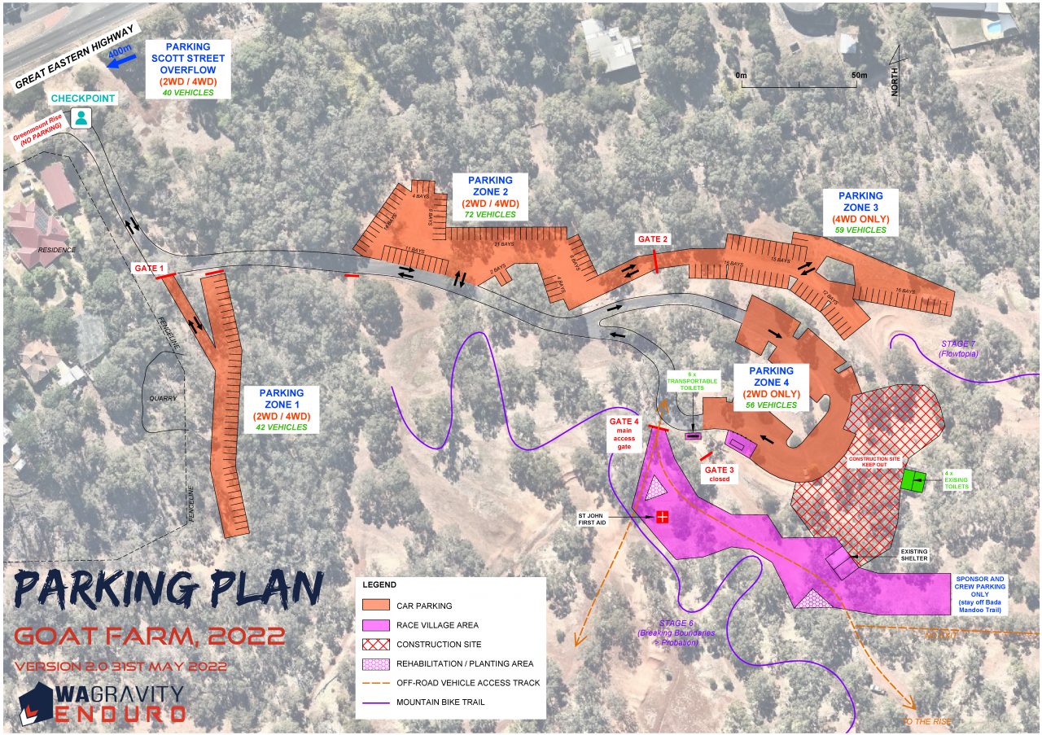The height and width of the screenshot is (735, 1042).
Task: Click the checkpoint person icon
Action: (81, 118)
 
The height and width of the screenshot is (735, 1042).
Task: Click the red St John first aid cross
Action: (662, 516)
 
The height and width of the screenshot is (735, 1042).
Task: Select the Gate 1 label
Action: (150, 268)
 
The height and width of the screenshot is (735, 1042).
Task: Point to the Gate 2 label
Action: (653, 238)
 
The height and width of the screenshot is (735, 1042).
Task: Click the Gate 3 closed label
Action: (719, 475)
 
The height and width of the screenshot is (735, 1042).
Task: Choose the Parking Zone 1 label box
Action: (282, 409)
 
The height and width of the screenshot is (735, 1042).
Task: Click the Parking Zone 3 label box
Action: (860, 212)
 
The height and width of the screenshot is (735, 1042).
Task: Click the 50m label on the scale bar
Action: (859, 75)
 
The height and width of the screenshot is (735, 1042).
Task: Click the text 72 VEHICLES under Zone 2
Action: (490, 214)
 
